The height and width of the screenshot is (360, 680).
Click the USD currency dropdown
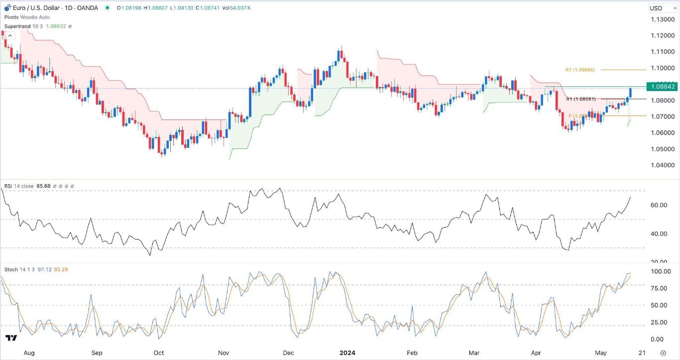click(x=661, y=8)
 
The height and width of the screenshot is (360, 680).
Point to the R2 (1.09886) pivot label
click(x=580, y=70)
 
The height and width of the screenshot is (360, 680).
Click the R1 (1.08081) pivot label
click(x=581, y=99)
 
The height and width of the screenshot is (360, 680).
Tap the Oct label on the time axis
click(x=158, y=353)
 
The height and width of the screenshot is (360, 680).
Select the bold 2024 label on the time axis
click(x=347, y=353)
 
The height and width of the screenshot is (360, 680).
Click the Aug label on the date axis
click(x=29, y=353)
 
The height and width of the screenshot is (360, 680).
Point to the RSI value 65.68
click(x=43, y=186)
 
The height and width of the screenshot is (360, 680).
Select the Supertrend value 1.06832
click(x=56, y=26)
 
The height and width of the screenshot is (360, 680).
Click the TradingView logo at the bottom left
click(x=11, y=338)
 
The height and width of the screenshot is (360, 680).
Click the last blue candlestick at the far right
click(x=630, y=93)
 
